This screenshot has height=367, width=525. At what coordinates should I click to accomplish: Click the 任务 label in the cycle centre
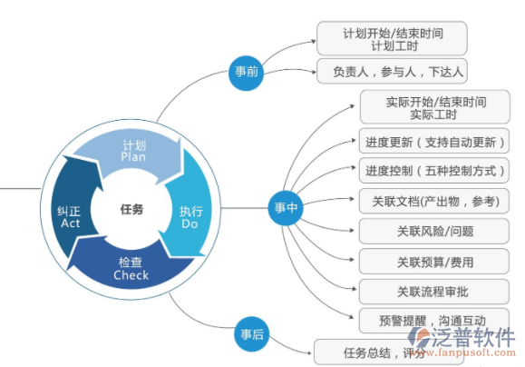pos(132,209)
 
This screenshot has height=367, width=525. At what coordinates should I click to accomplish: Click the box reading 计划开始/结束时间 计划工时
pos(393,38)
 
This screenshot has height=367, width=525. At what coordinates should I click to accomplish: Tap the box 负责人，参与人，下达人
pos(393,71)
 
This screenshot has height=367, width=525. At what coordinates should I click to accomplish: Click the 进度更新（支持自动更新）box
pos(434,142)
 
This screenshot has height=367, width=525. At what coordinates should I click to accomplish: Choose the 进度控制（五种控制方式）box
pos(434,171)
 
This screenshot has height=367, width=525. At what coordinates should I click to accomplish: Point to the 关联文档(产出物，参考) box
pos(434,201)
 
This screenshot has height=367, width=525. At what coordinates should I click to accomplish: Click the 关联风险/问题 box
pos(434,231)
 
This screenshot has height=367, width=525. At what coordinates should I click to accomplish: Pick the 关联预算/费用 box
pos(434,262)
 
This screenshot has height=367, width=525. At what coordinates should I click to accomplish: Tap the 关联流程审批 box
pos(434,292)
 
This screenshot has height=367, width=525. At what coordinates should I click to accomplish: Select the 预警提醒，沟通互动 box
pos(434,321)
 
